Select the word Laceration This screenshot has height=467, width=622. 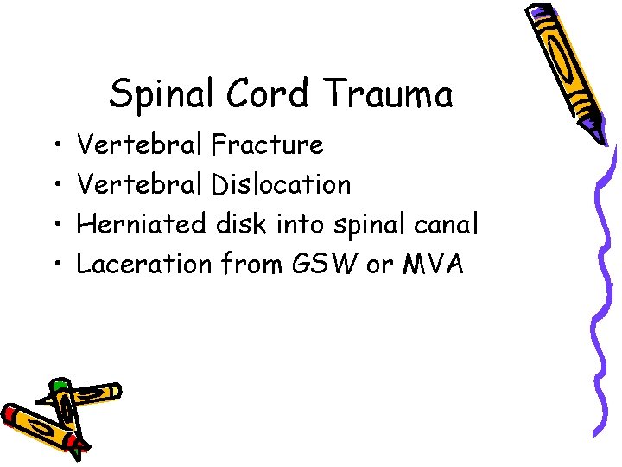(143, 264)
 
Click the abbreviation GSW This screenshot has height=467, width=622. (329, 264)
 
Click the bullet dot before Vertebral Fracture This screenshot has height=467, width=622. (55, 145)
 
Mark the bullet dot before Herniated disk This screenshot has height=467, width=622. (55, 225)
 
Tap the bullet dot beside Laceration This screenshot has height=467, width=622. (55, 265)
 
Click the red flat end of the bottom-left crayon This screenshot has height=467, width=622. (9, 413)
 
